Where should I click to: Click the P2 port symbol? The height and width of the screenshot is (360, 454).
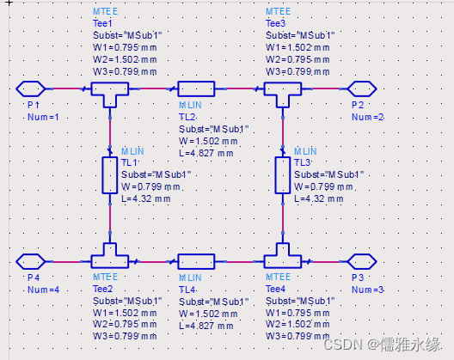point(359,88)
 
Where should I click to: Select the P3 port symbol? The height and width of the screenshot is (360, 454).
point(359,260)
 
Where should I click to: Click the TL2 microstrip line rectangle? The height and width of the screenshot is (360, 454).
point(196,88)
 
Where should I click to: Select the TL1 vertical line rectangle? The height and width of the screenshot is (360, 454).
point(109,174)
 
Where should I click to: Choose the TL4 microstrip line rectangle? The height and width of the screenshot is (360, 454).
point(196,260)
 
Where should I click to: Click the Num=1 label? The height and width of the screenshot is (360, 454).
point(42,116)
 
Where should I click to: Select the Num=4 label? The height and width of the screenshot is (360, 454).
point(42,289)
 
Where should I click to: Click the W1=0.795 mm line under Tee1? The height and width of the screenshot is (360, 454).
point(126,48)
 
